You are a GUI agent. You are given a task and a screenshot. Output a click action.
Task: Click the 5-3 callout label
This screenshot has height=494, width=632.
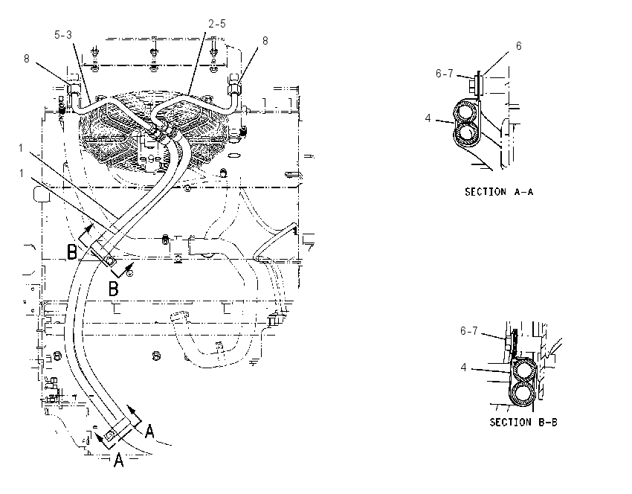(x=63, y=35)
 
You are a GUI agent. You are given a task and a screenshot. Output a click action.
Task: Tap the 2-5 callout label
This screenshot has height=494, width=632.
(x=217, y=25)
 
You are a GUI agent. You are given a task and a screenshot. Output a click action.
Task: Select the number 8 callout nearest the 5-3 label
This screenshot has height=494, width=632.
(x=27, y=59)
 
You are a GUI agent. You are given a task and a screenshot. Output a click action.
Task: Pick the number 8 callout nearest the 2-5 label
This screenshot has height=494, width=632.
(x=265, y=41)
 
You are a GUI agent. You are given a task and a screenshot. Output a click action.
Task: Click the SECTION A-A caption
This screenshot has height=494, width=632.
(x=499, y=192)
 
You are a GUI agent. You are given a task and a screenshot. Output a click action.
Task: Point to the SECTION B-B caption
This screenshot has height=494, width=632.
(x=523, y=423)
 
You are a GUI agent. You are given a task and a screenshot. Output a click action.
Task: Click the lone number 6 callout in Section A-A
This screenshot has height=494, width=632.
(x=519, y=46)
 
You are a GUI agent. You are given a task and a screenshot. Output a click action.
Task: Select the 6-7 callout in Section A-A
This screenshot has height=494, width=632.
(x=444, y=74)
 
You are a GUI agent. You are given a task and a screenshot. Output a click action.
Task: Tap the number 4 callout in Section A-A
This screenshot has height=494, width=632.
(x=428, y=118)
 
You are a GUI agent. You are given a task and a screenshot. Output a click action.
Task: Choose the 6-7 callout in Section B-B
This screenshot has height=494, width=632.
(x=468, y=331)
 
